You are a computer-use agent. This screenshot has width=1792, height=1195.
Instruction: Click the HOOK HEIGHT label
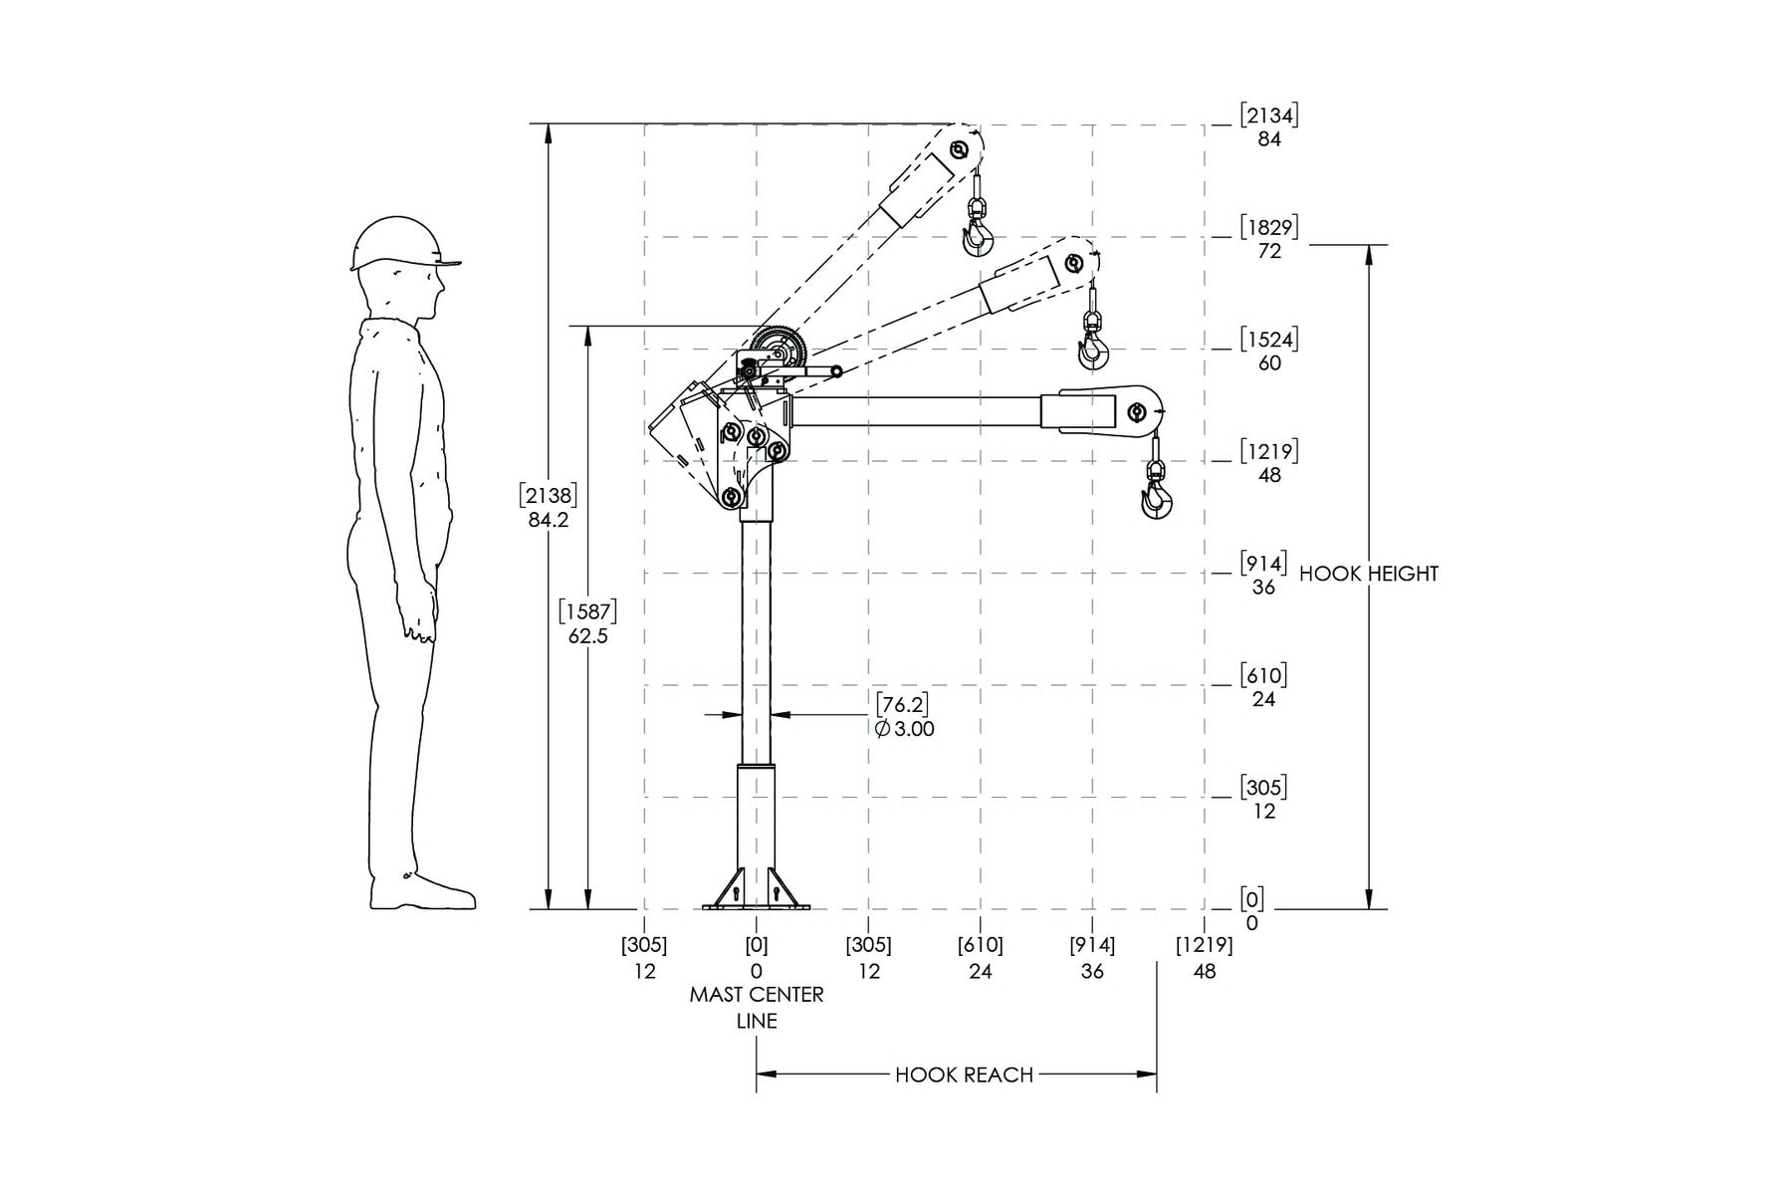(1369, 574)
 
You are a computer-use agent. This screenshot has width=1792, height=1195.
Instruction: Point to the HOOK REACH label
(964, 1075)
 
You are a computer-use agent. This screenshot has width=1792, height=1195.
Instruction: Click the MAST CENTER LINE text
(757, 1008)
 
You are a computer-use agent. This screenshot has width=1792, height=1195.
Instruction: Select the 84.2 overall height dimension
(549, 507)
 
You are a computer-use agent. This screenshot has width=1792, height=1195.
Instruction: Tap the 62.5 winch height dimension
(587, 622)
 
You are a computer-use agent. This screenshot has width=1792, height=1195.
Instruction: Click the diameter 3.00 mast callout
(905, 717)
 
